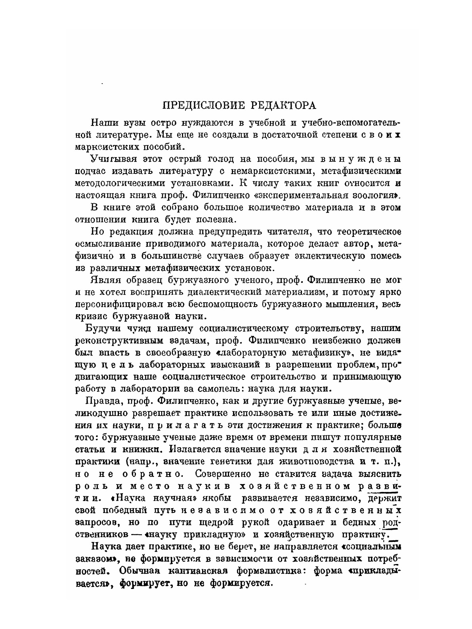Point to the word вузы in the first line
pos(138,123)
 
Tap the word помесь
pos(384,255)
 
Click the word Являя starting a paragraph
pos(105,280)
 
